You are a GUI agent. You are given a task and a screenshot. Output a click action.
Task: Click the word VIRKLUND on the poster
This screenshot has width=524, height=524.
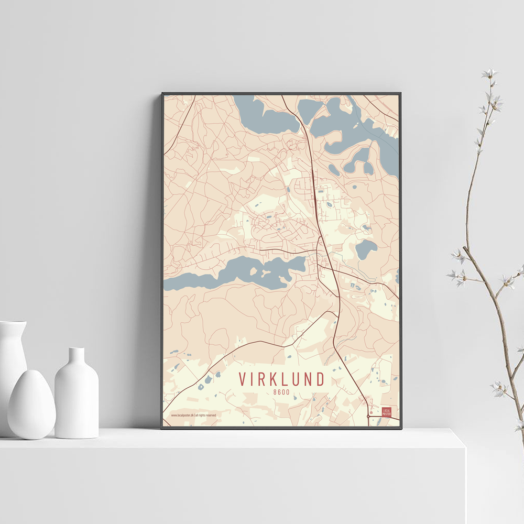281,379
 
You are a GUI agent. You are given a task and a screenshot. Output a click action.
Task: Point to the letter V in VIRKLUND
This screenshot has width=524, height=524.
243,379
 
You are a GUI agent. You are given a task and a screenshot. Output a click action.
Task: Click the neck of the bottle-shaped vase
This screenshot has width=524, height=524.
77,356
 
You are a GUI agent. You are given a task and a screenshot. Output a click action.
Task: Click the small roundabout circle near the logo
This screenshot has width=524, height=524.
368,417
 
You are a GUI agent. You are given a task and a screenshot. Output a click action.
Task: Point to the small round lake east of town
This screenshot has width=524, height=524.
366,249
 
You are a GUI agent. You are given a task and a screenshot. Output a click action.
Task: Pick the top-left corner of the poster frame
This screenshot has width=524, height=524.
162,94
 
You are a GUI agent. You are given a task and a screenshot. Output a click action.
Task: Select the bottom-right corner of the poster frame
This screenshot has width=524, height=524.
401,428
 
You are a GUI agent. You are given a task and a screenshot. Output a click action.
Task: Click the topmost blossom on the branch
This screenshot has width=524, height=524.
489,73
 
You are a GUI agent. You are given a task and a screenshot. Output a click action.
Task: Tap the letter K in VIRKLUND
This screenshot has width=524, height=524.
274,379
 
